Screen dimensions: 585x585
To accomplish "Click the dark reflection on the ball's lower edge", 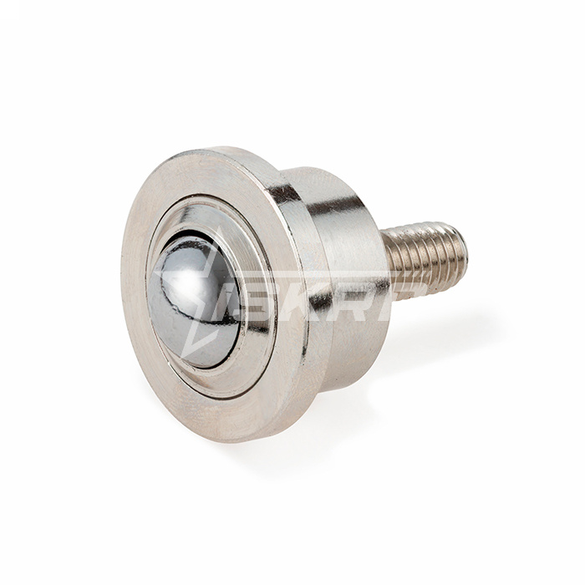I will (196, 351).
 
